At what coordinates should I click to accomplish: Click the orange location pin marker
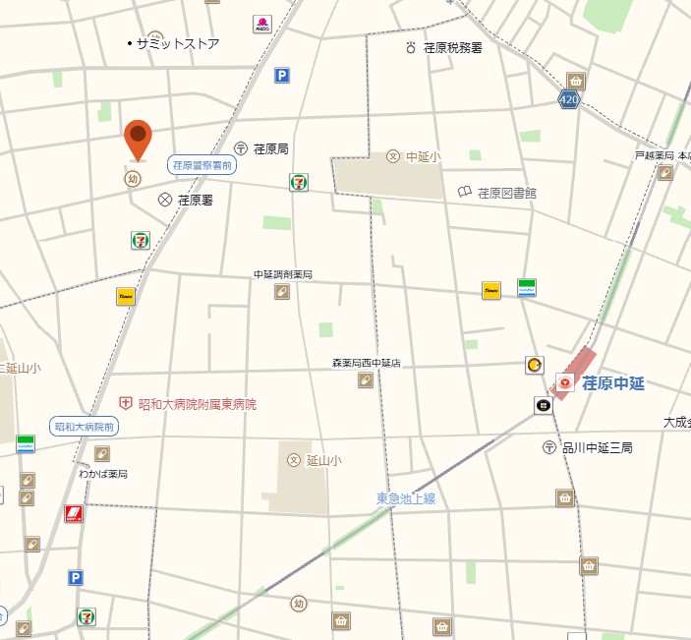tap(139, 139)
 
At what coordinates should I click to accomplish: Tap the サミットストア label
tap(178, 44)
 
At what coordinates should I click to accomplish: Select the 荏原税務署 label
tap(452, 47)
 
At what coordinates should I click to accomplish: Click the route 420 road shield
tap(568, 100)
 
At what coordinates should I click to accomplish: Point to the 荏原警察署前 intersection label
tap(202, 165)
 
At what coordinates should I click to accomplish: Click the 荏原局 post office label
tap(270, 148)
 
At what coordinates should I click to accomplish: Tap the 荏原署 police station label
tap(195, 200)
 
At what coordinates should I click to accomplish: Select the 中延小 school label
tap(423, 156)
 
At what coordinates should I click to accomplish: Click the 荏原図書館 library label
tap(507, 193)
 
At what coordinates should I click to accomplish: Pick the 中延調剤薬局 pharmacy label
tap(282, 274)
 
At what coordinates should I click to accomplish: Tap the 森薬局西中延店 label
tap(366, 363)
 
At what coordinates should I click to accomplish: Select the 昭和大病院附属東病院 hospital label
tap(197, 404)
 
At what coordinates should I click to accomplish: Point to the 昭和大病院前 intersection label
tap(85, 427)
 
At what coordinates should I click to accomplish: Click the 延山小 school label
tap(322, 460)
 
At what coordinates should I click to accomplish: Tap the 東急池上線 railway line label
tap(405, 498)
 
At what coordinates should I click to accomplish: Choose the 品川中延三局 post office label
tap(597, 447)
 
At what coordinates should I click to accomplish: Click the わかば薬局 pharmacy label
tap(103, 474)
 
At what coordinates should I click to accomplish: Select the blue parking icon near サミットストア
tap(282, 75)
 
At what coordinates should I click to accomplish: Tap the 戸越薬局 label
tap(654, 155)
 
